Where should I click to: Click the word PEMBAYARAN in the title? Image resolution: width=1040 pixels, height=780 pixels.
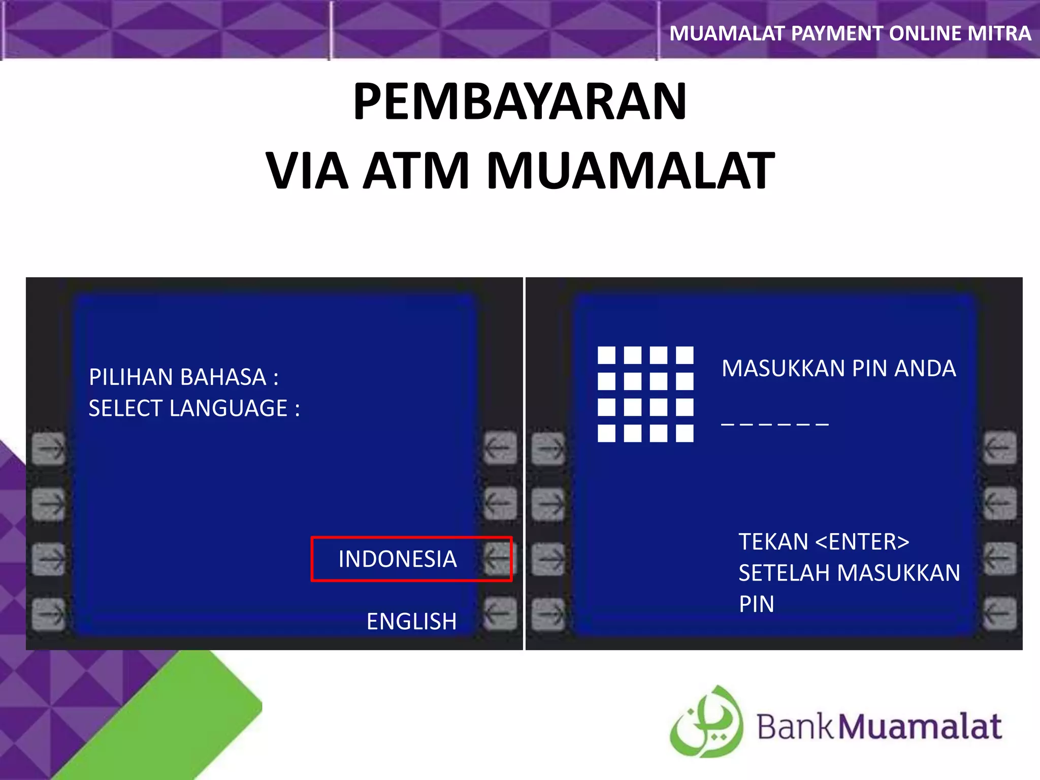click(x=519, y=102)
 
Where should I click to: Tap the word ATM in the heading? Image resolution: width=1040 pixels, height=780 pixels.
click(x=416, y=171)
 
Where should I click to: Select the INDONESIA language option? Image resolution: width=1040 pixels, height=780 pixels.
click(x=398, y=559)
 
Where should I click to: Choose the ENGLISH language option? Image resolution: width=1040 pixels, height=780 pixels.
click(x=411, y=621)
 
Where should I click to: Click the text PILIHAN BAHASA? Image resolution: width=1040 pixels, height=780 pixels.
click(x=178, y=377)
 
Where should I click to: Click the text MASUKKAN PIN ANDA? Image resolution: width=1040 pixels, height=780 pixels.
click(x=838, y=369)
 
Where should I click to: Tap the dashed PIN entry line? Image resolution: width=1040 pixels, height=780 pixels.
click(x=774, y=424)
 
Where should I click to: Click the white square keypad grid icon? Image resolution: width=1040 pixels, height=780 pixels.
click(x=645, y=394)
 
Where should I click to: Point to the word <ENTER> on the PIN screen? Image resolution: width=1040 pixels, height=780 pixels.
click(x=862, y=542)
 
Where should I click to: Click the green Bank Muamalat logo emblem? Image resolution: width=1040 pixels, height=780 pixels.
click(x=706, y=722)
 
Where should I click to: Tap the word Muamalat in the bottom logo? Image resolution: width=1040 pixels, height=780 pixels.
click(x=920, y=727)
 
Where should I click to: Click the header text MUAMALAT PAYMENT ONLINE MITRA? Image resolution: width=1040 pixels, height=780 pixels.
click(x=850, y=34)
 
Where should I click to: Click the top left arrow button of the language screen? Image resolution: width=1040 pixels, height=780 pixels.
click(x=49, y=448)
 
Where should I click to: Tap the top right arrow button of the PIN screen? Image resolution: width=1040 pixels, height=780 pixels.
click(x=999, y=448)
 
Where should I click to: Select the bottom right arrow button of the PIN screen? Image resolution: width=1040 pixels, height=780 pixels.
click(x=999, y=613)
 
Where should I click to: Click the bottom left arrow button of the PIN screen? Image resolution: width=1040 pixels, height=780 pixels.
click(x=548, y=613)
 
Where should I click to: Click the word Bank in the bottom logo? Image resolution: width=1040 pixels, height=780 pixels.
click(x=795, y=727)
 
